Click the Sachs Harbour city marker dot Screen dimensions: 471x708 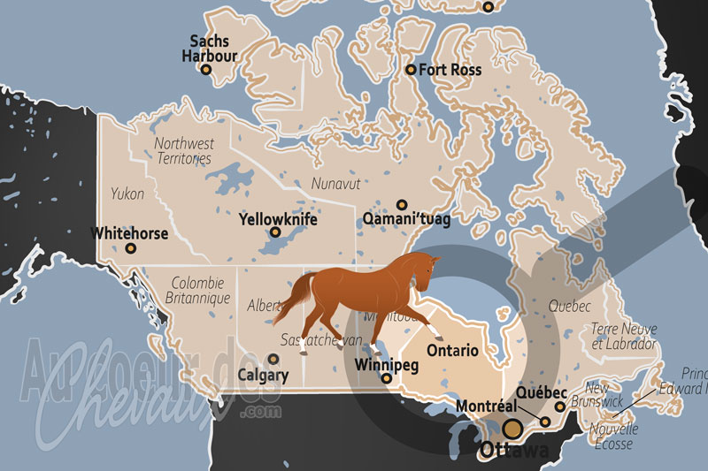206,69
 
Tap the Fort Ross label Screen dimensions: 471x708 450,69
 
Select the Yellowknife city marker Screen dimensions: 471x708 275,232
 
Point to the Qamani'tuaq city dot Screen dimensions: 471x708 402,204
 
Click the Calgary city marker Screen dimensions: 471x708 273,359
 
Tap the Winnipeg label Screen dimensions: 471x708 385,363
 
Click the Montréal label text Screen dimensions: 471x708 486,406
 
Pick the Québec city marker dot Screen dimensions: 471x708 559,407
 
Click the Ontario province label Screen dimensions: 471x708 452,350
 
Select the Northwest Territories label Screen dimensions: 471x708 183,150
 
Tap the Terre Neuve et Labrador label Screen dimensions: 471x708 624,337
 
